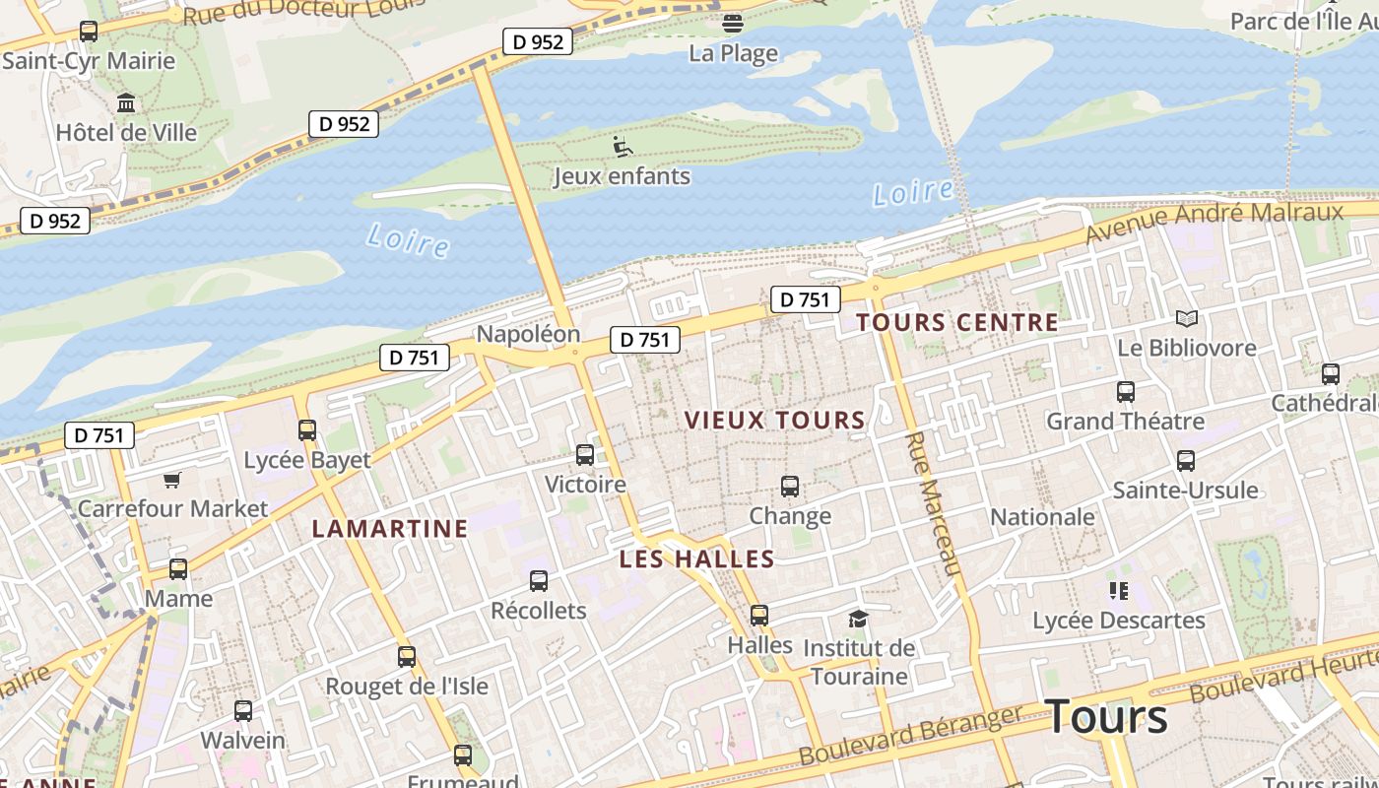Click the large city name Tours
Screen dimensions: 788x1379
[1106, 716]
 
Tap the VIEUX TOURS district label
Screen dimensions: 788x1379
[774, 420]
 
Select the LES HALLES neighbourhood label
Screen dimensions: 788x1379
[696, 559]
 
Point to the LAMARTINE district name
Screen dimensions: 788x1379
[390, 529]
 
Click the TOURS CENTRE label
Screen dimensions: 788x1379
[956, 322]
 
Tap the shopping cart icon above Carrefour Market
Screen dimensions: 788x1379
[172, 480]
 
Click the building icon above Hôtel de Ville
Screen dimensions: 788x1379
[126, 102]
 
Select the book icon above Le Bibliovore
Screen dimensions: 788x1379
[1187, 318]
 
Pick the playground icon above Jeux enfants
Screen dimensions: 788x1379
[622, 147]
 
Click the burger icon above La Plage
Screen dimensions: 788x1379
[732, 23]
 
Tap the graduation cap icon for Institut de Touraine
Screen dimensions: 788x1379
[859, 619]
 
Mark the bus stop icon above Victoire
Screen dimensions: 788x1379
[585, 455]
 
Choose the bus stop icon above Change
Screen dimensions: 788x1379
[790, 486]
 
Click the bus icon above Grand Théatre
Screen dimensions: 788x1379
[1125, 392]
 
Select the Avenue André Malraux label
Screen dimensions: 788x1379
[1214, 223]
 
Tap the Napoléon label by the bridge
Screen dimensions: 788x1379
[528, 334]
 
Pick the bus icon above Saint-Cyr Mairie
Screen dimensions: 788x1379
[89, 32]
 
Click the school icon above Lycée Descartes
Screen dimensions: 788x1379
[1118, 591]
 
